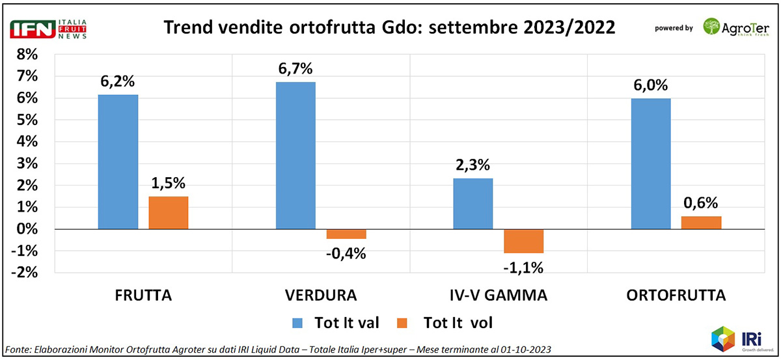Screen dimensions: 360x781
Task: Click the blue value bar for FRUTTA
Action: pos(118,162)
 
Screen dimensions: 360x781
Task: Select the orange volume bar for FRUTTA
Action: pos(169,213)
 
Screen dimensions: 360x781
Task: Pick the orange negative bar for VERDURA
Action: pos(346,234)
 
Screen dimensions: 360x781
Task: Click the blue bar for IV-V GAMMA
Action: pos(473,204)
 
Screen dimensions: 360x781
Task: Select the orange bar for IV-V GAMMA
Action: pos(524,241)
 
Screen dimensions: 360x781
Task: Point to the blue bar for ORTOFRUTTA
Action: pos(651,164)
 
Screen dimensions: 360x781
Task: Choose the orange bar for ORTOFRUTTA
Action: pos(702,223)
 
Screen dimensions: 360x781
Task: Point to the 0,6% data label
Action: pos(702,203)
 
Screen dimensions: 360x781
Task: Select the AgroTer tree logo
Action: pos(712,27)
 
